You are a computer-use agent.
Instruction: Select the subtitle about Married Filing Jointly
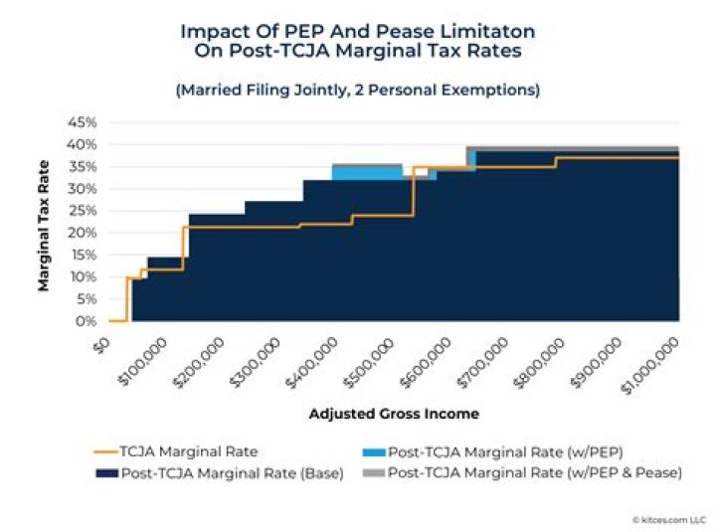click(x=358, y=89)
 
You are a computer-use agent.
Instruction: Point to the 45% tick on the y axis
click(x=83, y=122)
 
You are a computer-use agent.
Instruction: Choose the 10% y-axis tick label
click(x=83, y=277)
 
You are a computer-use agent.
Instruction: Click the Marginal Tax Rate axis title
click(x=44, y=221)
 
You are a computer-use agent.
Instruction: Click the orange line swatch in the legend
click(x=106, y=450)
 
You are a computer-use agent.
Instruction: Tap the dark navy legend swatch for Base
click(x=106, y=473)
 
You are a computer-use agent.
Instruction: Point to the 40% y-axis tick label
click(x=83, y=144)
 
